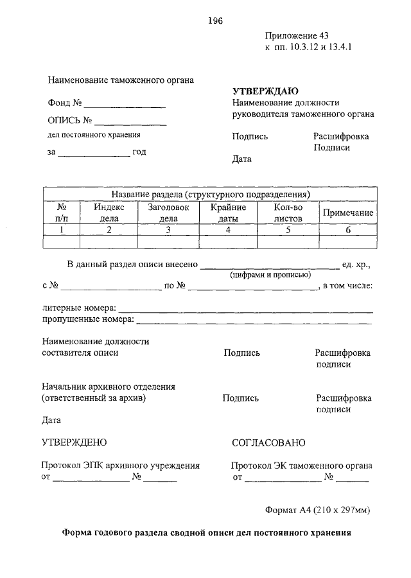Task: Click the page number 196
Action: click(x=214, y=21)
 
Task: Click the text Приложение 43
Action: click(x=296, y=36)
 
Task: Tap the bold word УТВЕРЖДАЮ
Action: click(x=265, y=91)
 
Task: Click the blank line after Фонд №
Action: click(x=125, y=105)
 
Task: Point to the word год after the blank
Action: click(x=139, y=152)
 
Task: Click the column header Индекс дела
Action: click(x=109, y=213)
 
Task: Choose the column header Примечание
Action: click(x=348, y=213)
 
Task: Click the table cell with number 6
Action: click(x=348, y=230)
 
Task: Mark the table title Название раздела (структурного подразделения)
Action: click(x=211, y=193)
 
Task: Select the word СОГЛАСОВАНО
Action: click(x=268, y=442)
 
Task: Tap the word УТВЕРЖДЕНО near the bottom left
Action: click(x=74, y=442)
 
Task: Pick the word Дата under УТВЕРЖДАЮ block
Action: click(x=242, y=159)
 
